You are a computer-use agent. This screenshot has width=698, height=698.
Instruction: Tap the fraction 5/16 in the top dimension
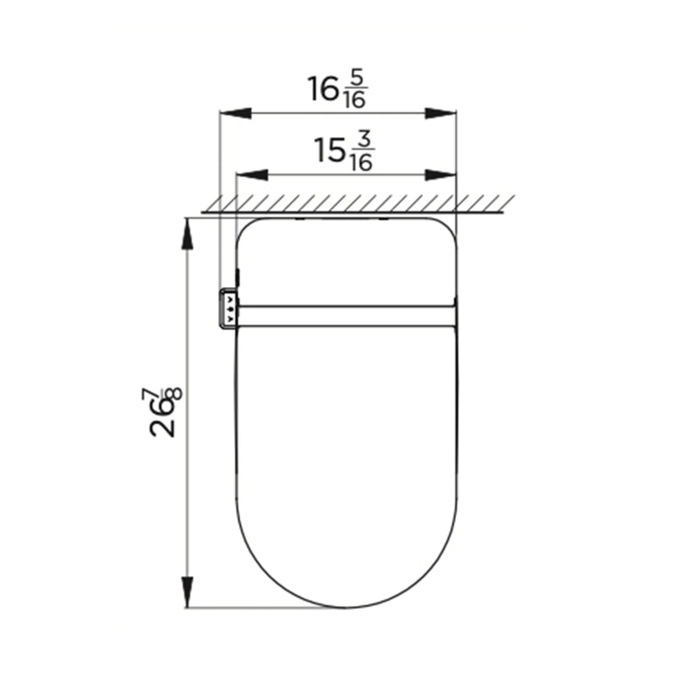[x=355, y=91]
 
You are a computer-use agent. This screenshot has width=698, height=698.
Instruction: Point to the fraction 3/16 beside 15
[x=361, y=153]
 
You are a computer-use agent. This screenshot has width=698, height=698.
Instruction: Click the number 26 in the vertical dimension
[x=162, y=420]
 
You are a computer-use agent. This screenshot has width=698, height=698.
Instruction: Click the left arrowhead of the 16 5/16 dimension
[x=236, y=113]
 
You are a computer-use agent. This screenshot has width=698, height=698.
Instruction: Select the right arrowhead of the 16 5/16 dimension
[x=441, y=113]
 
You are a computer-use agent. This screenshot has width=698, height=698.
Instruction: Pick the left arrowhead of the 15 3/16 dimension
[x=252, y=175]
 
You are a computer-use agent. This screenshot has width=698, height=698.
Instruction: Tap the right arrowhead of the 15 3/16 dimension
[x=441, y=175]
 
